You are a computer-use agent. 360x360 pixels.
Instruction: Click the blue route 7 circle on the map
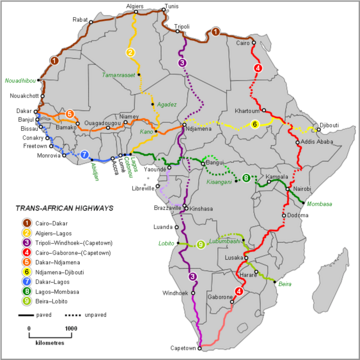[85, 155]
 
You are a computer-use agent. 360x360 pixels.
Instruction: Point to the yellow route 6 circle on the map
[255, 124]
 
